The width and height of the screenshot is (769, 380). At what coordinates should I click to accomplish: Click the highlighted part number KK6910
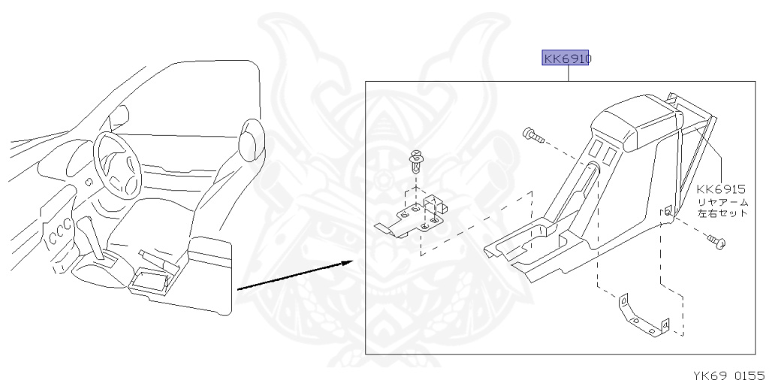pos(565,58)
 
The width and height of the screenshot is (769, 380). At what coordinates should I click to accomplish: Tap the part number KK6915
pos(720,189)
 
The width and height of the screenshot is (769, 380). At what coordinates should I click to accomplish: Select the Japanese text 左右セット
pos(722,213)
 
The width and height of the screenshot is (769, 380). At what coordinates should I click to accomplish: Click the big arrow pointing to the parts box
pos(293,274)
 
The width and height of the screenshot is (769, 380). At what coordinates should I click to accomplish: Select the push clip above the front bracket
pos(415,160)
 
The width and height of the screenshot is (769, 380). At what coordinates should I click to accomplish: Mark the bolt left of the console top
pos(532,136)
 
